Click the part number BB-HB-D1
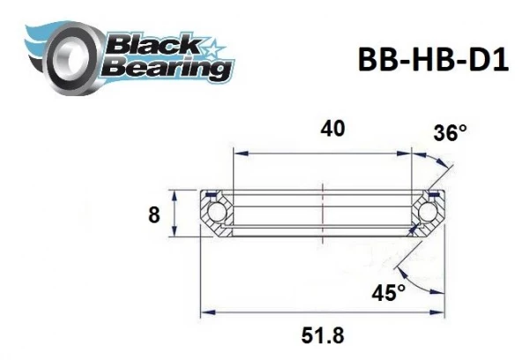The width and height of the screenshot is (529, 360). (433, 59)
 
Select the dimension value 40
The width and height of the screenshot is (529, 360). (332, 129)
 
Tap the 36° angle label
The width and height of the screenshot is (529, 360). (450, 132)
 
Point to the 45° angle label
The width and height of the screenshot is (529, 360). (388, 292)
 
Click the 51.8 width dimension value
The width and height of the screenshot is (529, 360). (323, 335)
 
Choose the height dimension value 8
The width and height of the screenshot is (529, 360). (153, 214)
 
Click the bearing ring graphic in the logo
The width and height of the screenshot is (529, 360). (72, 59)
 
